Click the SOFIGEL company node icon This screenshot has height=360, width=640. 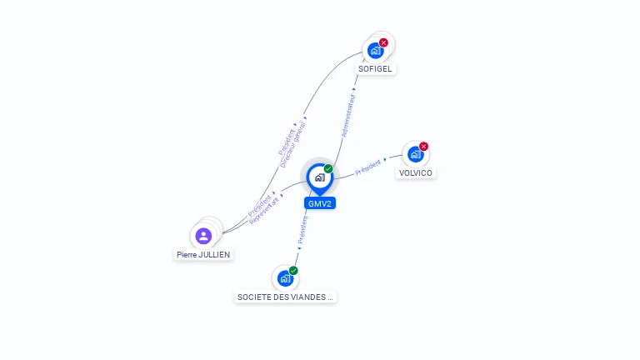pyautogui.click(x=375, y=50)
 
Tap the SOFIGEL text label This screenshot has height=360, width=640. pyautogui.click(x=375, y=69)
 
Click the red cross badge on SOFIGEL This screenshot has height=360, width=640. pyautogui.click(x=383, y=42)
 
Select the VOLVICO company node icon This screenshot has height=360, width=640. pyautogui.click(x=415, y=154)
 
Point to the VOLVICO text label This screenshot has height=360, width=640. pyautogui.click(x=416, y=173)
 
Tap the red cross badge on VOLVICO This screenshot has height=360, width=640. pyautogui.click(x=423, y=147)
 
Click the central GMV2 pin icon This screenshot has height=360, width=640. pyautogui.click(x=319, y=177)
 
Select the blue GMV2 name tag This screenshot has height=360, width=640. pyautogui.click(x=320, y=203)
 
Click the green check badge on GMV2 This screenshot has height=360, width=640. pyautogui.click(x=328, y=169)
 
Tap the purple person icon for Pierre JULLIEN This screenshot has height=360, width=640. pyautogui.click(x=204, y=236)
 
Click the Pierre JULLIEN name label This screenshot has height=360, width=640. pyautogui.click(x=203, y=254)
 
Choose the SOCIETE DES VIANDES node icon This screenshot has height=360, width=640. pyautogui.click(x=285, y=278)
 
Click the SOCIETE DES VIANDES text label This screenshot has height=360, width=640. pyautogui.click(x=286, y=297)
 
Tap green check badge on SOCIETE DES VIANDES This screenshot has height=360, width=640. pyautogui.click(x=293, y=271)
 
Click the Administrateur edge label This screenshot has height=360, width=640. pyautogui.click(x=350, y=115)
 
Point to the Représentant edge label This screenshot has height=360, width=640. pyautogui.click(x=264, y=210)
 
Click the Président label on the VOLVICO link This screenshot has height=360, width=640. pyautogui.click(x=367, y=167)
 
